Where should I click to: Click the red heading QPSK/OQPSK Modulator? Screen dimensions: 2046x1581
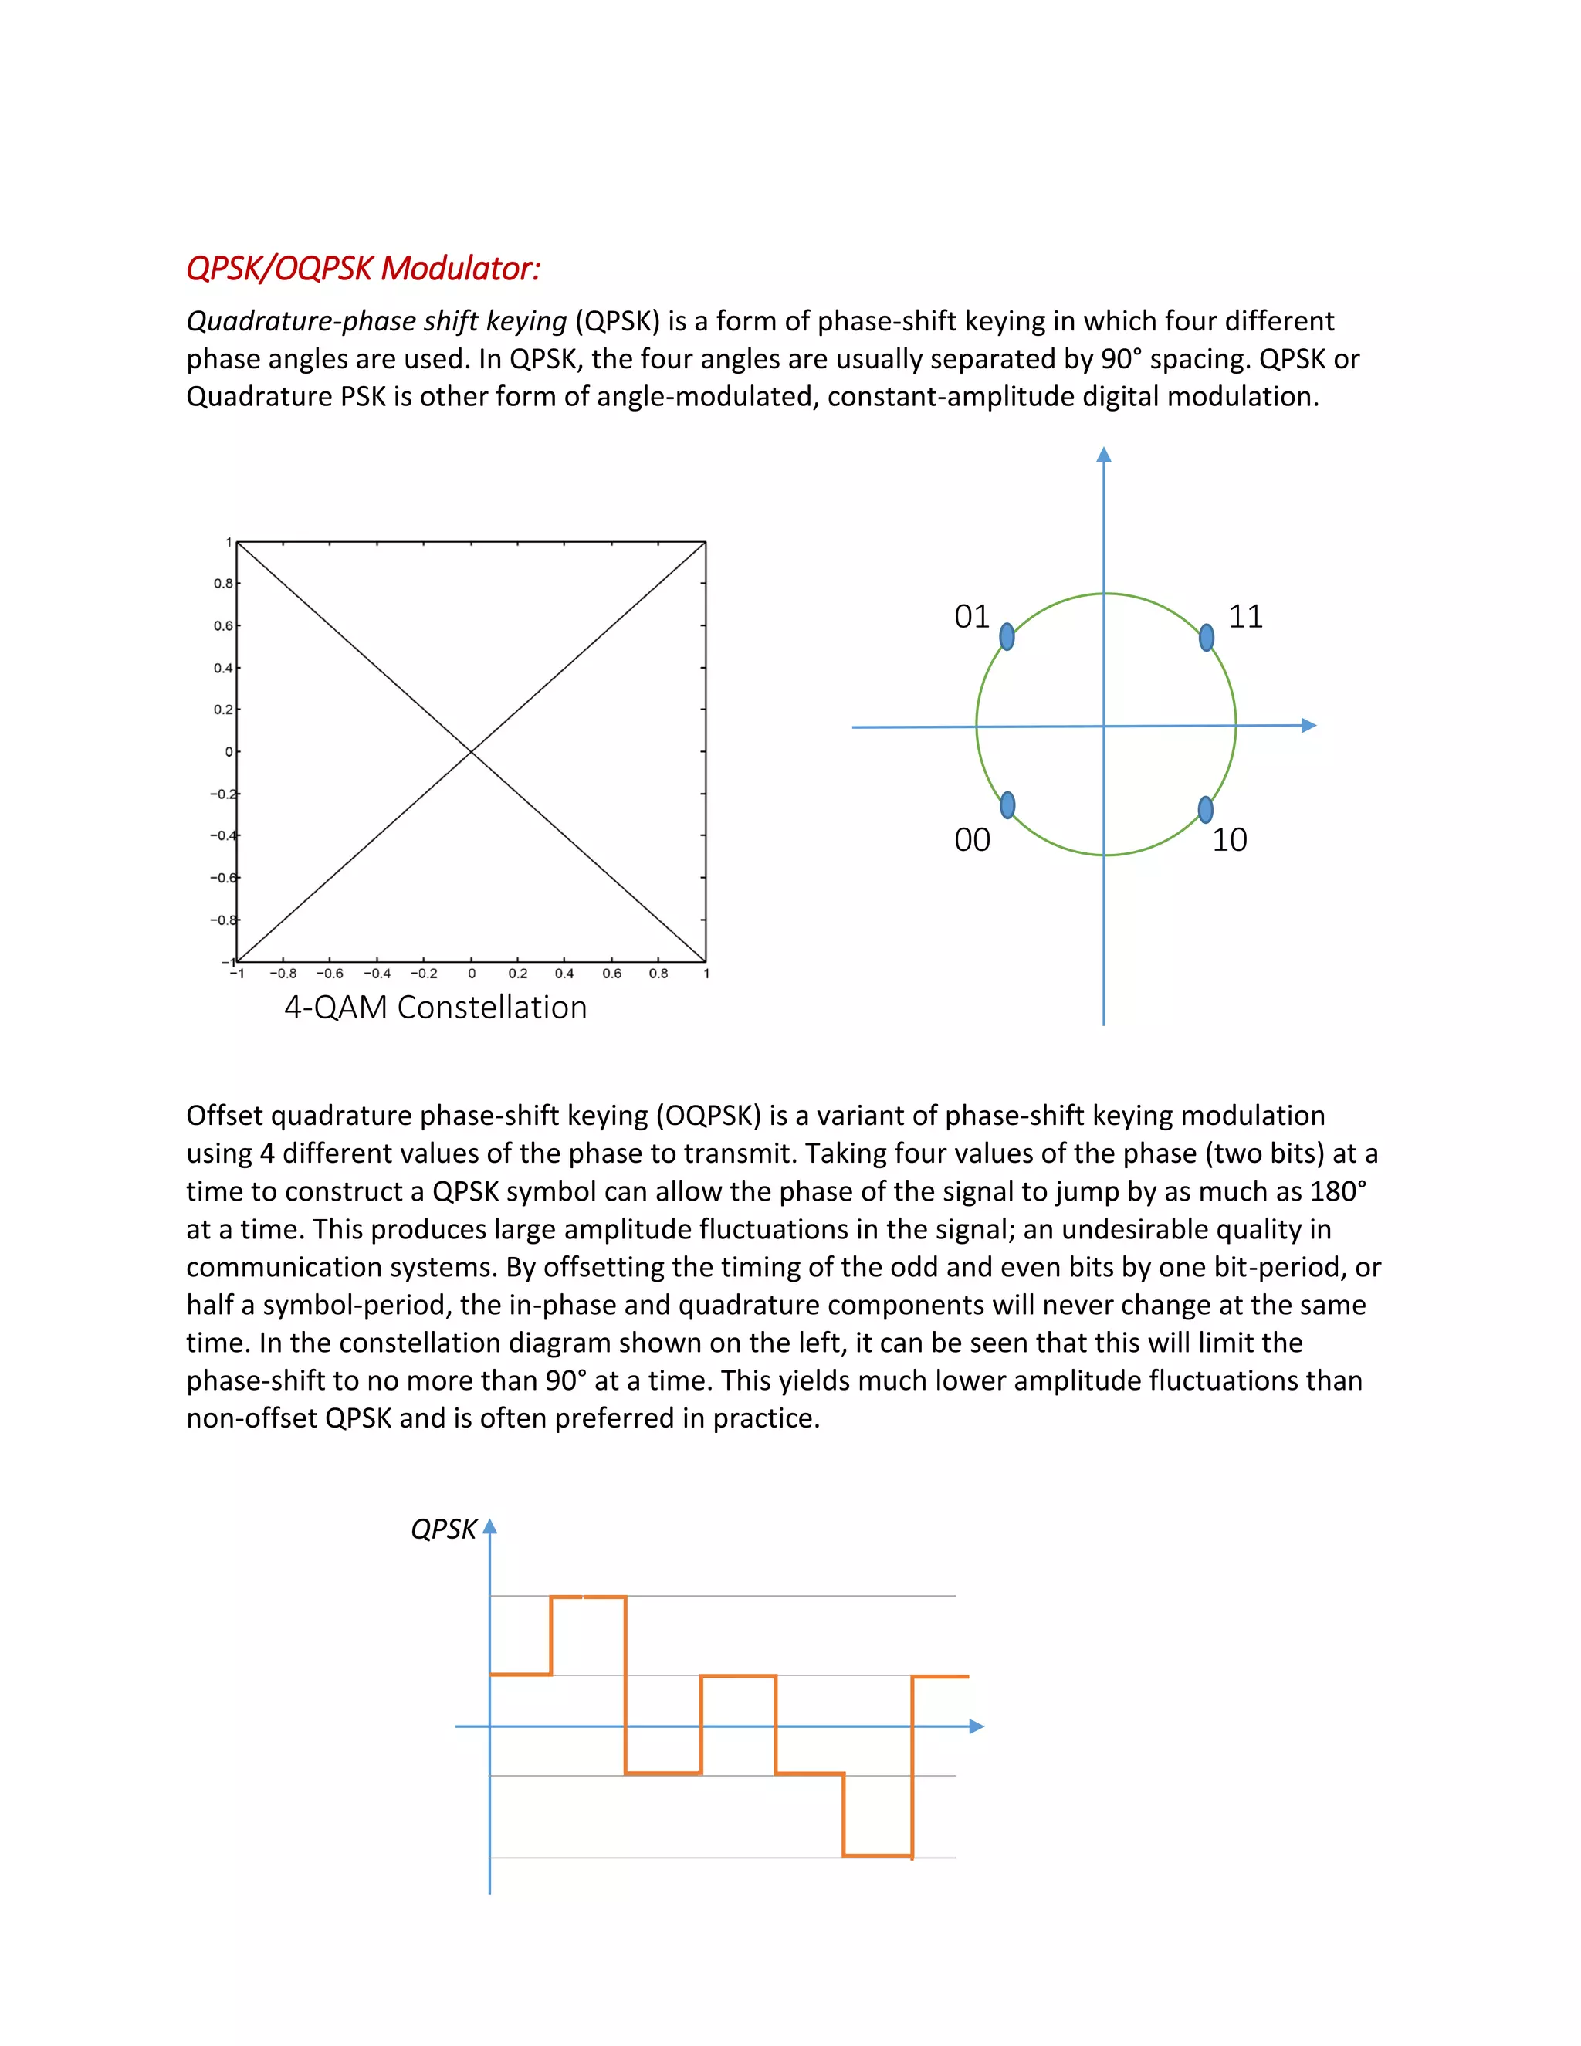click(364, 269)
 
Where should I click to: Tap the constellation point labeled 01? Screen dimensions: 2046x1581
click(1007, 637)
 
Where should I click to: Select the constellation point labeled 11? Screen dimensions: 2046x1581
click(1207, 638)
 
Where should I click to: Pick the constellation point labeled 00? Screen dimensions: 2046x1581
click(1007, 805)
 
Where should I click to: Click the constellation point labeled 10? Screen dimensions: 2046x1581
click(1205, 809)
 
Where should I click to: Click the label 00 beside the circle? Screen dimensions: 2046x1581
click(972, 839)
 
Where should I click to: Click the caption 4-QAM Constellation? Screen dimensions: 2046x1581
click(435, 1007)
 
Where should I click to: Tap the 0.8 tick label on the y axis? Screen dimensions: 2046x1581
click(223, 584)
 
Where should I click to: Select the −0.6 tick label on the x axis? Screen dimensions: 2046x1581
click(330, 974)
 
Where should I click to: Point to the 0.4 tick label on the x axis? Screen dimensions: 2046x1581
click(564, 974)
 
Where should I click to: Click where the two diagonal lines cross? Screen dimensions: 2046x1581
click(471, 751)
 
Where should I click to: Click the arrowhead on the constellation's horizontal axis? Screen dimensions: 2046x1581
click(1309, 725)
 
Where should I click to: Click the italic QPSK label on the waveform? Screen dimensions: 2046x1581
click(444, 1529)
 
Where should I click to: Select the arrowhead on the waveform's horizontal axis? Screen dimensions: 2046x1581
click(977, 1726)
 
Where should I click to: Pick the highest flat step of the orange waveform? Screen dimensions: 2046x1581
click(588, 1597)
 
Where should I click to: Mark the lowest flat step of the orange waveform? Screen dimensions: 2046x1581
click(878, 1855)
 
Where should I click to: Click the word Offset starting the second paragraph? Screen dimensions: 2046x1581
click(223, 1116)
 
